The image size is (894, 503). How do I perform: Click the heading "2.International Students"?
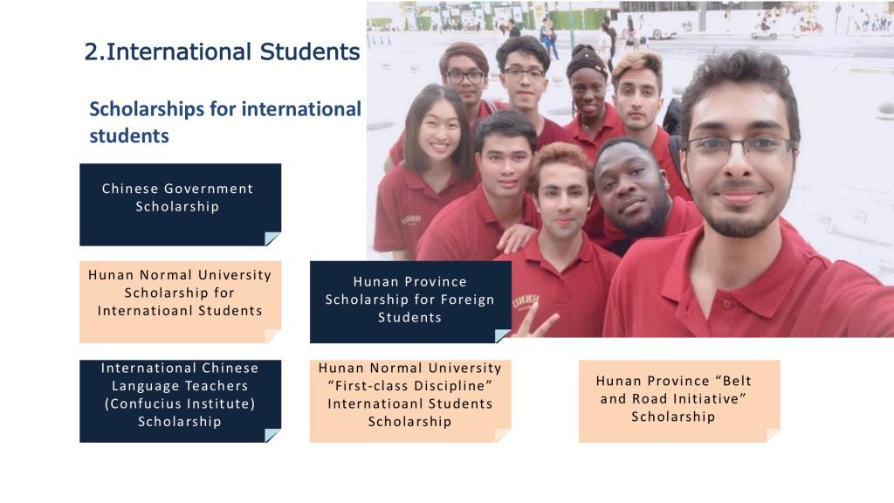[222, 52]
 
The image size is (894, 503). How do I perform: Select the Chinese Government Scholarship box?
[180, 204]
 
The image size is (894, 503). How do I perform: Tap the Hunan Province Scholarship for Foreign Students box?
[410, 301]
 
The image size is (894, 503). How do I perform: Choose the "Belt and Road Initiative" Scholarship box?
[679, 401]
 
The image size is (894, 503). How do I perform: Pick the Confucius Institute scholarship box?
[180, 401]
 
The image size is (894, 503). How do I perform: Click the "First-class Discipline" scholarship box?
[410, 401]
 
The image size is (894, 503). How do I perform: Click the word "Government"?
[209, 189]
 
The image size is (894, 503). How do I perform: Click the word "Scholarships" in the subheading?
[147, 109]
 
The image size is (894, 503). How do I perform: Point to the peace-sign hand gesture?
[536, 321]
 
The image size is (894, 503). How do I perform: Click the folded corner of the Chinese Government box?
[272, 238]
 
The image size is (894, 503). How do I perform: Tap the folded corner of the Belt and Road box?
[773, 435]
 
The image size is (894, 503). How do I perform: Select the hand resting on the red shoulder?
[517, 237]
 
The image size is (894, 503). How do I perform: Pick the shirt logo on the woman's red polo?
[411, 219]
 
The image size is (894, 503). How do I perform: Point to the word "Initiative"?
[710, 398]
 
